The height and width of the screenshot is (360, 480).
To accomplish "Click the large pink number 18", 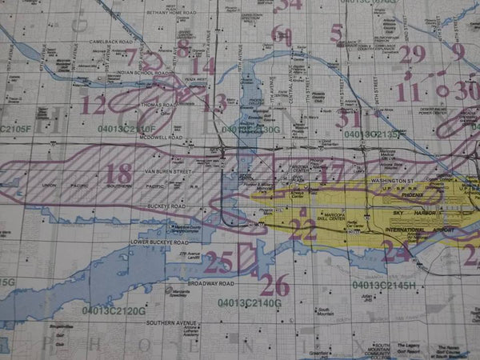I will [x=118, y=174].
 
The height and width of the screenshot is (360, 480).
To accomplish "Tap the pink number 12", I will [x=93, y=105].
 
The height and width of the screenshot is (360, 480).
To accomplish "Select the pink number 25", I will [x=218, y=261].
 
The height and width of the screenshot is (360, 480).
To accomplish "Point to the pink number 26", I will [x=274, y=284].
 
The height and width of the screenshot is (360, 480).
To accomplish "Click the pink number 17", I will [x=330, y=174].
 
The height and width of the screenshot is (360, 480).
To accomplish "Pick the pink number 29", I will [x=413, y=54].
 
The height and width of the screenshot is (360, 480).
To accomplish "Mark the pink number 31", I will [x=348, y=118].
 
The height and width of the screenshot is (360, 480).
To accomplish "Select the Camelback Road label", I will [x=110, y=41].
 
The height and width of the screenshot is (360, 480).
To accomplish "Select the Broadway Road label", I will [x=210, y=283].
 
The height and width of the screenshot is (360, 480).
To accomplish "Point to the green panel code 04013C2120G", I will [x=113, y=310].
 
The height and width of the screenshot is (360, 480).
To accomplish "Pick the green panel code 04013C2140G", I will [x=249, y=303].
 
